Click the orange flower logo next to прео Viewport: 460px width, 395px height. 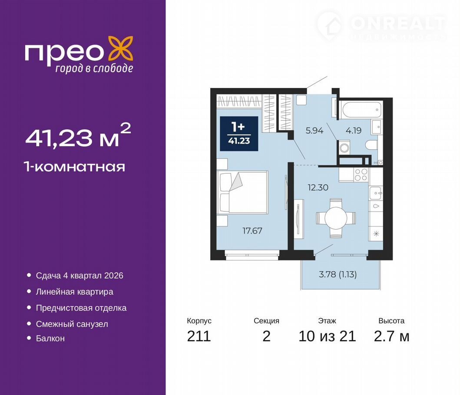tap(121, 48)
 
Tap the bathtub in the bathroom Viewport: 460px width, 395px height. tap(362, 110)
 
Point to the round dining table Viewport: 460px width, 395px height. tap(336, 218)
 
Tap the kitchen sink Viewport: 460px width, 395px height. tap(375, 193)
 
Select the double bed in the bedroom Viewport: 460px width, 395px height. tap(242, 192)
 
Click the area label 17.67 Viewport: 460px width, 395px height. tap(252, 231)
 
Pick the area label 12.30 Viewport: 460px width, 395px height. tap(318, 188)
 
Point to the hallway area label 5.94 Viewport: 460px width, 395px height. tap(314, 131)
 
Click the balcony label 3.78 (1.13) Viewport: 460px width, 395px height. tap(338, 274)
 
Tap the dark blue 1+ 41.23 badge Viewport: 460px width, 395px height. tap(239, 134)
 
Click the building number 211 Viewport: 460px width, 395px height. tap(199, 336)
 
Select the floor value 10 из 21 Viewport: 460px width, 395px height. tap(327, 336)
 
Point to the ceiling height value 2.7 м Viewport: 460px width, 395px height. tap(391, 336)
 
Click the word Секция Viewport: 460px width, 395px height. tap(266, 321)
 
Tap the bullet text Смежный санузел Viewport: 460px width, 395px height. tap(72, 324)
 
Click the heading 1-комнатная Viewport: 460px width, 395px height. tap(75, 167)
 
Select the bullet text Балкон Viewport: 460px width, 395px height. tap(50, 339)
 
